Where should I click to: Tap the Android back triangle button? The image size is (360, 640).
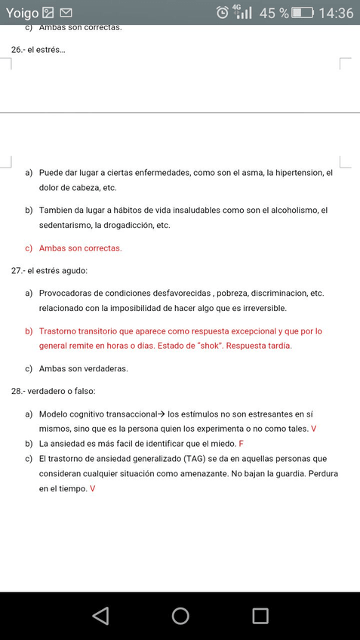tap(100, 616)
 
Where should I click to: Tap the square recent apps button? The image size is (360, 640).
tap(260, 616)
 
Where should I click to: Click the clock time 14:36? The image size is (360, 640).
tap(336, 13)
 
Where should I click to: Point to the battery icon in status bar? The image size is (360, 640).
tap(303, 13)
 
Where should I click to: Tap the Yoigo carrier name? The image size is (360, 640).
tap(22, 13)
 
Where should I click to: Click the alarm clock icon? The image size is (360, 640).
tap(223, 12)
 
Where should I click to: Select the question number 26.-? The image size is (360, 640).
tap(18, 49)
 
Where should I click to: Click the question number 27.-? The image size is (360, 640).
tap(18, 271)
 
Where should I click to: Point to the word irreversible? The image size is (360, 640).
tap(260, 309)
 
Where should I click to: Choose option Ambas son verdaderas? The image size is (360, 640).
tap(84, 369)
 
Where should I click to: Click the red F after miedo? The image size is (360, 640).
tap(241, 444)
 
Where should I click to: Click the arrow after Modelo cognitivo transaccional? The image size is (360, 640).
tap(160, 414)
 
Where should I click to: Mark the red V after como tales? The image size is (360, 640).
tap(313, 429)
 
